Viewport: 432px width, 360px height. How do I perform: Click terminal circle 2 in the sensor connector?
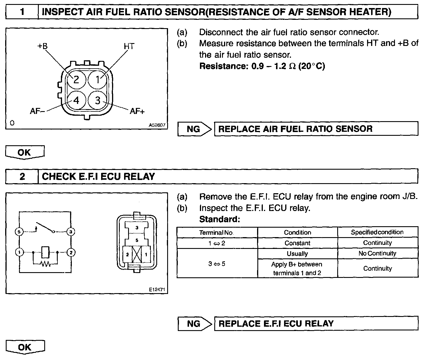[x=76, y=79]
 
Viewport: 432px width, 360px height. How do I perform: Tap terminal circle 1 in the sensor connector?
[x=98, y=79]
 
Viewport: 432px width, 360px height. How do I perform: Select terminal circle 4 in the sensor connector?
[x=76, y=100]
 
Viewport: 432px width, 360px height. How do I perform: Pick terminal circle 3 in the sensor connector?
[x=98, y=100]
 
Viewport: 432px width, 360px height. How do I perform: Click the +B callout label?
[x=43, y=46]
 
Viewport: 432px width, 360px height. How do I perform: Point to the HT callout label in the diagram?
[x=129, y=46]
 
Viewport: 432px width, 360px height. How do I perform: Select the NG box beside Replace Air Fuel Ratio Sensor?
[x=194, y=129]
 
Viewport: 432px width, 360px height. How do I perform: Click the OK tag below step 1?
[x=25, y=152]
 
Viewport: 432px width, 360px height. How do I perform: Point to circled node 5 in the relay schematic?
[x=19, y=232]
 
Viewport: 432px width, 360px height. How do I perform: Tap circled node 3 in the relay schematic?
[x=71, y=232]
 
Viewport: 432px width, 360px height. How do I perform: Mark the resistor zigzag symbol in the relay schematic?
[x=46, y=264]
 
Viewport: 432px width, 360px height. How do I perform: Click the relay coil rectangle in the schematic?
[x=46, y=252]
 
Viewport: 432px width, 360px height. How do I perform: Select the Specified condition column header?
[x=377, y=232]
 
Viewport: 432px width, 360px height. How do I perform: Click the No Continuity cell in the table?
[x=377, y=253]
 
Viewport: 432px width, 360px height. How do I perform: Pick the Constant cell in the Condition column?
[x=297, y=243]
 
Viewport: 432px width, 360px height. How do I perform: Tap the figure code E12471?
[x=157, y=290]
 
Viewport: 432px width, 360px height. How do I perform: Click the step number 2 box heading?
[x=22, y=176]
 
